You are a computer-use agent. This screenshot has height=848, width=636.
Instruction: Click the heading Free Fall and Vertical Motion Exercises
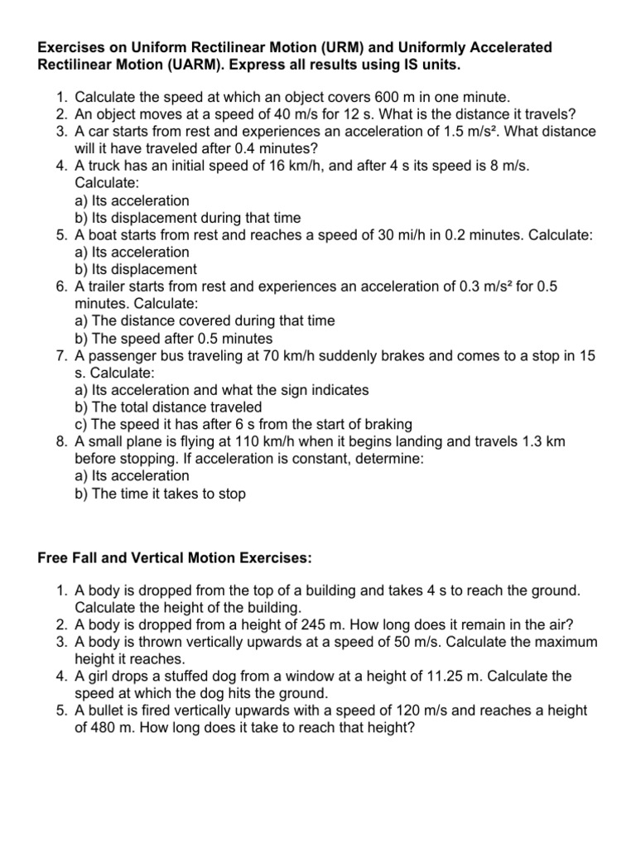click(175, 559)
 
